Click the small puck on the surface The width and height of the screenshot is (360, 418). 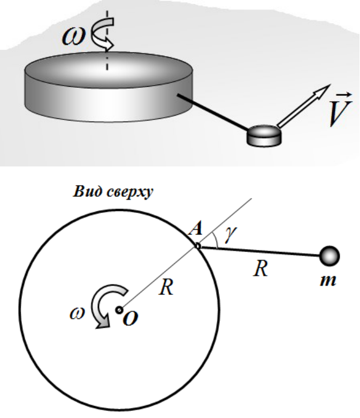(264, 136)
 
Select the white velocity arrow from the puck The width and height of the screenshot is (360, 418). (303, 106)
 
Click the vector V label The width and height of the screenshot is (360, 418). (340, 109)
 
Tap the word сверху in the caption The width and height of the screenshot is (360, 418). (130, 193)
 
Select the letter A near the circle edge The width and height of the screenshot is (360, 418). (196, 229)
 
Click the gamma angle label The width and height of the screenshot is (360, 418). (231, 234)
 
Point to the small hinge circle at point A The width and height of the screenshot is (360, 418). (197, 246)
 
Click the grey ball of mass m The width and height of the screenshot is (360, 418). (330, 256)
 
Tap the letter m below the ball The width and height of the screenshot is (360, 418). (328, 280)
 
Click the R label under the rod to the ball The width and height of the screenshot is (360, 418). (261, 269)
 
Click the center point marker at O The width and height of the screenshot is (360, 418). (119, 310)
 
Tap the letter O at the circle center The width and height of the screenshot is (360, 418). (131, 318)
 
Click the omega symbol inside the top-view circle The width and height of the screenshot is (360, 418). (77, 314)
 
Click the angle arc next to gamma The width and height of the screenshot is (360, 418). (216, 240)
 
